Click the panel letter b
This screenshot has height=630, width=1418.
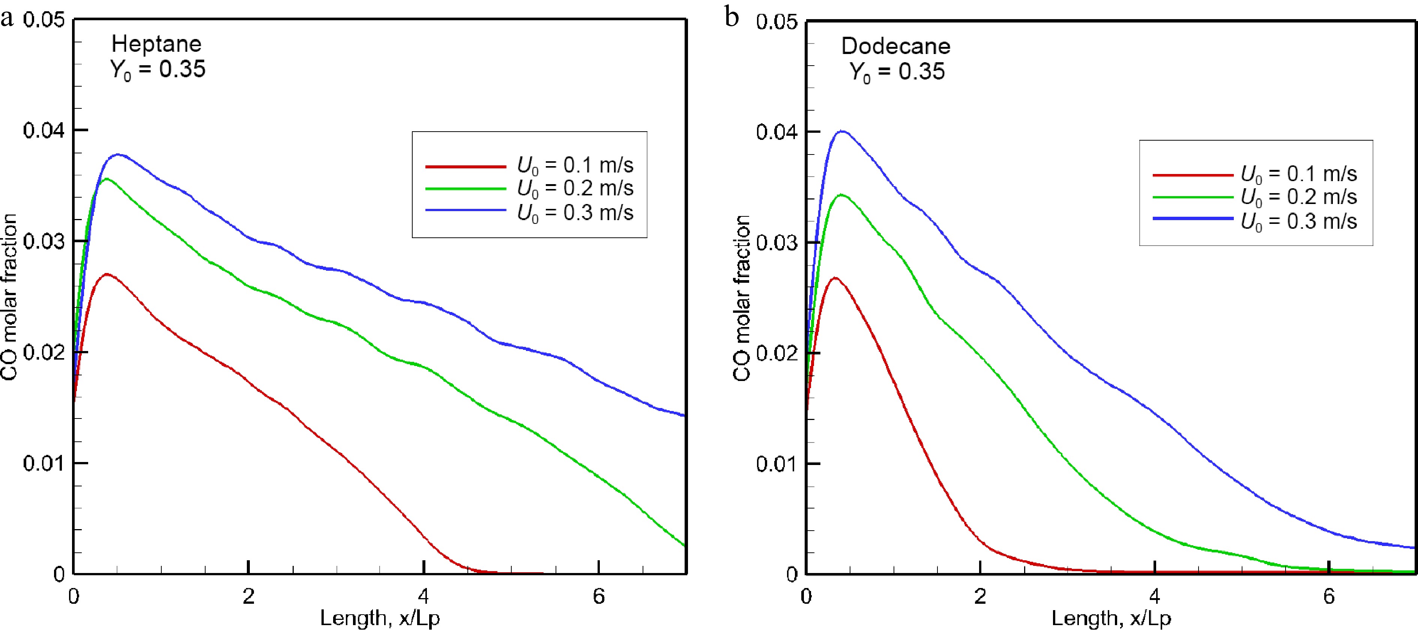(x=732, y=18)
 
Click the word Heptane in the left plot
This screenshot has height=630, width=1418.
(x=156, y=43)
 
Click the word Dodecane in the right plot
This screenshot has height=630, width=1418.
(x=895, y=46)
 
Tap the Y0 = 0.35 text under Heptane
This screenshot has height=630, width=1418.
(x=158, y=69)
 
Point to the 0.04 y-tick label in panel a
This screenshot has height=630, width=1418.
(x=44, y=130)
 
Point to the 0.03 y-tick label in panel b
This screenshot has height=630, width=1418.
(x=776, y=243)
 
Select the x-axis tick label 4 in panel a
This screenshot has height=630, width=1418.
(x=423, y=596)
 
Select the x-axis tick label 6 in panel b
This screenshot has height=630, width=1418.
(x=1329, y=596)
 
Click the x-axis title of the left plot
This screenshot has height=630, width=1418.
(x=380, y=618)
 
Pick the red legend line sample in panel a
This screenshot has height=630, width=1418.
(x=465, y=166)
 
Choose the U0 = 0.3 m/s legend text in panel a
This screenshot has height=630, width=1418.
(x=575, y=212)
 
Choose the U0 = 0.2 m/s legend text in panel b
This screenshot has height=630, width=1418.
(x=1299, y=197)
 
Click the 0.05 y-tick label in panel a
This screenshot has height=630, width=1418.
(x=44, y=20)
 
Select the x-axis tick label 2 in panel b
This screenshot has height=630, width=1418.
(x=980, y=596)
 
